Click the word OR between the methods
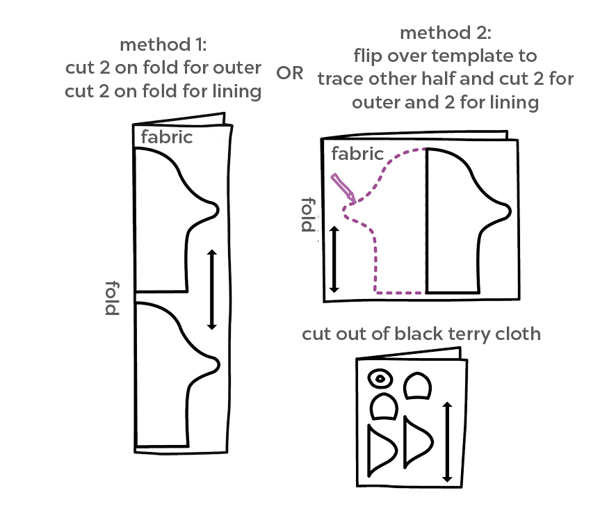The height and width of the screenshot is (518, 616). (290, 74)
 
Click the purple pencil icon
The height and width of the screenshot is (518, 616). (343, 188)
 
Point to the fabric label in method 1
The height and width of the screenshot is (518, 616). (166, 137)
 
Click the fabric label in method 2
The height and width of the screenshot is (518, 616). (357, 154)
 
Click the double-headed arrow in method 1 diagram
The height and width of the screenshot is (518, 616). (212, 289)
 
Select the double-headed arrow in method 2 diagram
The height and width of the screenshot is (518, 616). (334, 259)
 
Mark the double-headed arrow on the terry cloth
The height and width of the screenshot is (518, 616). (448, 442)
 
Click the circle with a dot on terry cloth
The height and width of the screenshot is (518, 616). (380, 379)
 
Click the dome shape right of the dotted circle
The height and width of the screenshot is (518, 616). (417, 387)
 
